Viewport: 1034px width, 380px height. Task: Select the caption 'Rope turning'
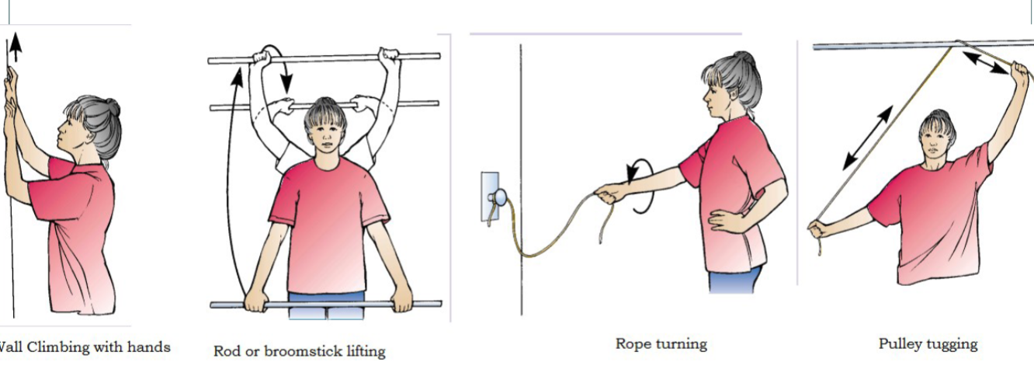(x=661, y=343)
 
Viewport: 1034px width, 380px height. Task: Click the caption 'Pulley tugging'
(x=928, y=343)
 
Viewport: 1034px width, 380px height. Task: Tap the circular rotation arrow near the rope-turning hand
(x=641, y=186)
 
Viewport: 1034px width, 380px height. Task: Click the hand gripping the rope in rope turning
(x=610, y=192)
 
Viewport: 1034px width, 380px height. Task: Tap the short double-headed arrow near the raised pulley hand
(x=987, y=63)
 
